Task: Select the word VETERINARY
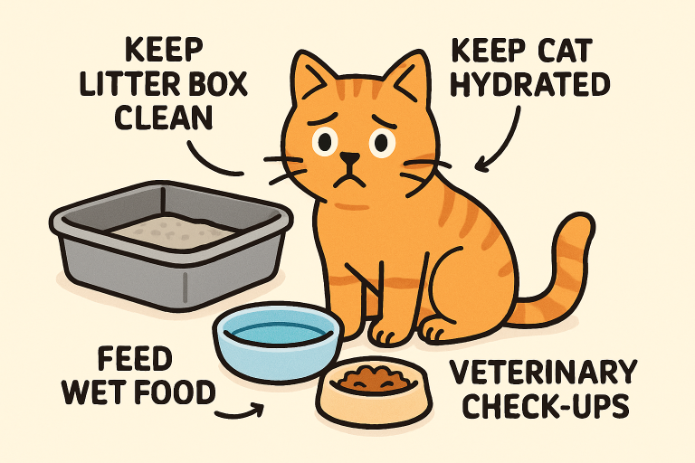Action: tap(544, 372)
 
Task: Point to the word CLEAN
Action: tap(164, 118)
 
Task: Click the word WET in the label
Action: tap(91, 392)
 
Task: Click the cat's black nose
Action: tap(349, 158)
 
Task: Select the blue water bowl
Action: tap(279, 340)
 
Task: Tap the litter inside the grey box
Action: tap(173, 231)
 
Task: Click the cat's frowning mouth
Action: tap(350, 181)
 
